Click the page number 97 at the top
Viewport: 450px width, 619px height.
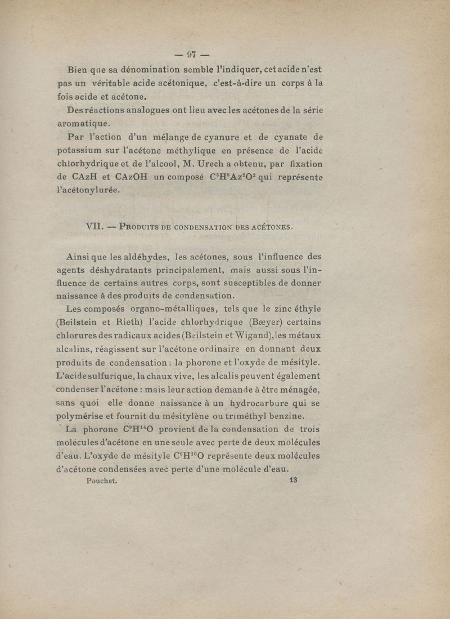click(x=191, y=55)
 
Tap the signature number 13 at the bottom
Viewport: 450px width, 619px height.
click(x=292, y=481)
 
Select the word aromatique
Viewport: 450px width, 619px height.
click(x=84, y=123)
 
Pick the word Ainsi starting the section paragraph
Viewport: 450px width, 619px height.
click(x=80, y=257)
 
